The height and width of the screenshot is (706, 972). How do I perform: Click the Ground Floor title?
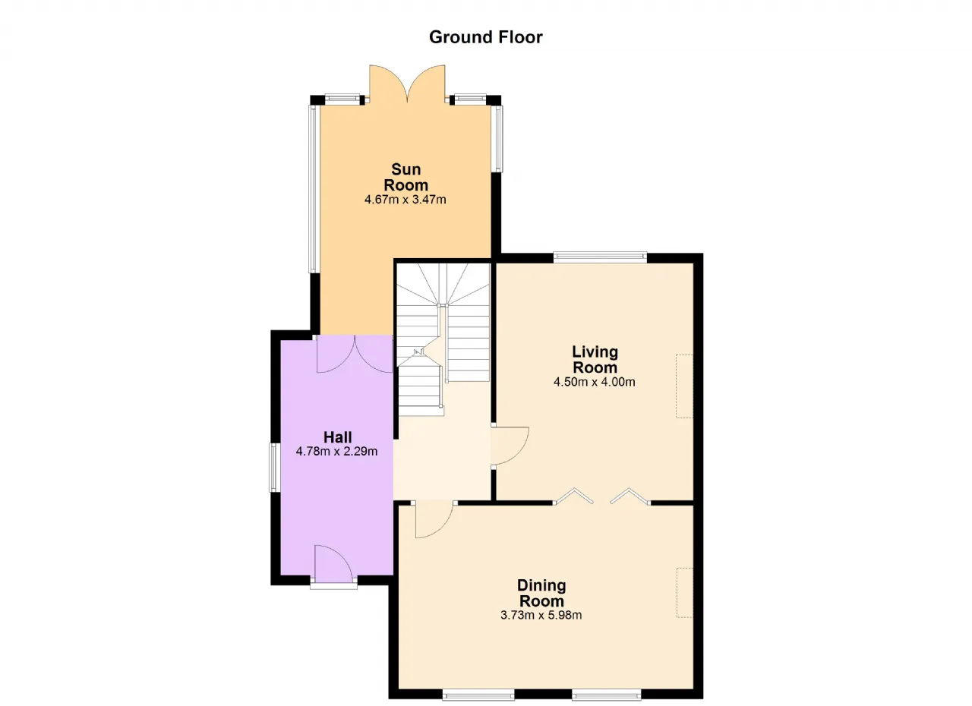[x=485, y=37]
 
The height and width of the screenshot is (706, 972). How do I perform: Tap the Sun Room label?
[x=406, y=177]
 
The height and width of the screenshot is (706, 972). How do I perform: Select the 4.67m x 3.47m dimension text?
[x=406, y=200]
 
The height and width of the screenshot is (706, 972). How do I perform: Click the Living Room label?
[x=595, y=360]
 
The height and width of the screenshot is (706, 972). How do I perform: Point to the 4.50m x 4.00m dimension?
[x=595, y=382]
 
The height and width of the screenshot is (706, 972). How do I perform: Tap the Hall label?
[x=338, y=437]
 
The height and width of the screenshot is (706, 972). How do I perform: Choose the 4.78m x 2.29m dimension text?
[x=336, y=452]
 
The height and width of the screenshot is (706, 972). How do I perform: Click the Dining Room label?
[x=541, y=593]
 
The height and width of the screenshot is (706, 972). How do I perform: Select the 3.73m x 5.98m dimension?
[x=541, y=616]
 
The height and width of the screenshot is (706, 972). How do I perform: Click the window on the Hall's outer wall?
[x=274, y=468]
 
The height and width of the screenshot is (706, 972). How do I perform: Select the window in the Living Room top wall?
[x=600, y=257]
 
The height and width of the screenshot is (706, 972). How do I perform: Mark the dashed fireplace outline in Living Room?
[x=684, y=386]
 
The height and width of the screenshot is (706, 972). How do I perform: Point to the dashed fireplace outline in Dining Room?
[x=685, y=592]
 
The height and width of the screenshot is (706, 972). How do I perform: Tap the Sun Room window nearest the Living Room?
[x=497, y=139]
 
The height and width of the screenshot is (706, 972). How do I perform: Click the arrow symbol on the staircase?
[x=418, y=352]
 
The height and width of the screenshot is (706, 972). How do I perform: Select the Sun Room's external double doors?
[x=407, y=85]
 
